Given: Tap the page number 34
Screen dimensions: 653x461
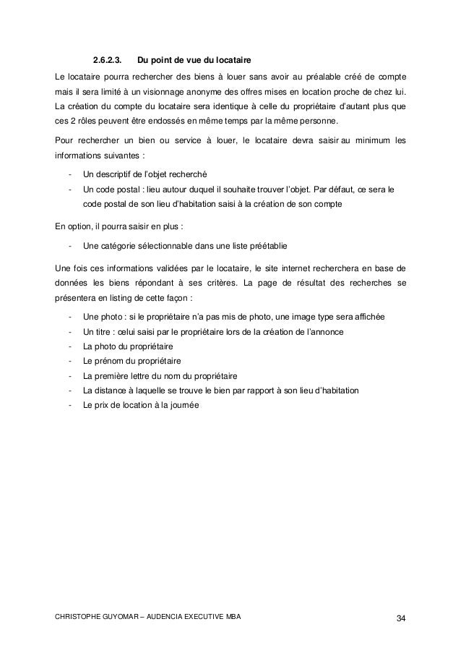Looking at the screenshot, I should click(x=400, y=617).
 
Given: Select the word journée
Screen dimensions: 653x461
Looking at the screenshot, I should click(x=183, y=405).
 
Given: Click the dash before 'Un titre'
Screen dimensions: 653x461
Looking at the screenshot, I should click(x=69, y=331).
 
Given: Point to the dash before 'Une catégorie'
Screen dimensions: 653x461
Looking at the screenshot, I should click(x=69, y=245).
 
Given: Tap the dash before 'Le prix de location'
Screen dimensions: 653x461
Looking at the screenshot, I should click(x=69, y=405).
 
